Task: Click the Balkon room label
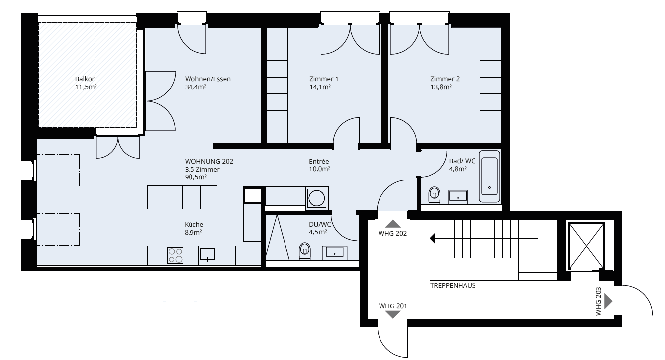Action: pos(85,79)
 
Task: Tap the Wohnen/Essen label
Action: pos(208,79)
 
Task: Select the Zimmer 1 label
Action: pos(324,79)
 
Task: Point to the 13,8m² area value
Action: pos(441,87)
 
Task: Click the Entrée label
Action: pos(319,161)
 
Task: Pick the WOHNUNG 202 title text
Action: pos(209,161)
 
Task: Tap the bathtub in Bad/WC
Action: pos(489,177)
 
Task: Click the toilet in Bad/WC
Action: pos(434,195)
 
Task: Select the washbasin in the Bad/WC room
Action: pos(458,196)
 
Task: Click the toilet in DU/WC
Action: pos(304,251)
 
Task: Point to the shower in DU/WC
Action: pos(277,237)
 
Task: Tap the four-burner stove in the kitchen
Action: pos(175,255)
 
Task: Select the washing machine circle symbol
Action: pos(316,198)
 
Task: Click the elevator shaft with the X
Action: pos(586,247)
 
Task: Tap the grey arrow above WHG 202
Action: pos(393,224)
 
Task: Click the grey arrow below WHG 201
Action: pos(393,315)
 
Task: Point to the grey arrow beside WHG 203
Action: pos(608,302)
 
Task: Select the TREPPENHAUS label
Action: pos(453,286)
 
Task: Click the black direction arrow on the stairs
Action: pos(433,238)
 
